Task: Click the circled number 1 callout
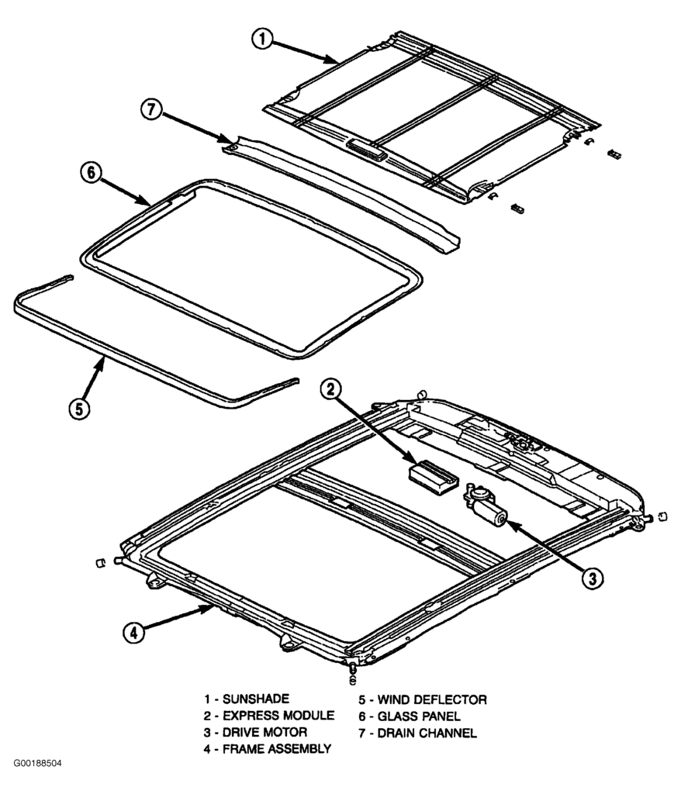[264, 39]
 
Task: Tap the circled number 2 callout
[331, 391]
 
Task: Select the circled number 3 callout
[591, 577]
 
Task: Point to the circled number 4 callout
[133, 632]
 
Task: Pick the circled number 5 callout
[80, 408]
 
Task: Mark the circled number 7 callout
[152, 110]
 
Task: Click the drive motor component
[486, 508]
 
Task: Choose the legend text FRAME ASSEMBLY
[277, 749]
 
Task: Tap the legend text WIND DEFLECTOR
[431, 699]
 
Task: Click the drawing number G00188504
[36, 764]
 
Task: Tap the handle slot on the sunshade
[368, 147]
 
